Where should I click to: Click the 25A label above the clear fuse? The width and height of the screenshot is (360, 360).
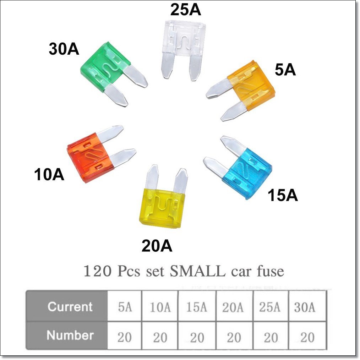click(x=185, y=10)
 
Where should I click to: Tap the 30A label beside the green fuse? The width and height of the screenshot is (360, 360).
click(x=64, y=50)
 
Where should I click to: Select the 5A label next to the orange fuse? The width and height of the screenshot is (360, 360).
click(x=285, y=70)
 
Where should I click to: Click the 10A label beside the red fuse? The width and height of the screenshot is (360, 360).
click(x=49, y=175)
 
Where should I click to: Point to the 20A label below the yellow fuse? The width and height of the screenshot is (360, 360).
click(x=157, y=246)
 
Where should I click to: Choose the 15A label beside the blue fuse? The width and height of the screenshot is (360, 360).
click(x=283, y=196)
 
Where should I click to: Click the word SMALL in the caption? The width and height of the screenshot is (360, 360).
click(x=197, y=272)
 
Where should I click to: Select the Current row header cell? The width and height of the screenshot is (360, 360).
click(x=70, y=306)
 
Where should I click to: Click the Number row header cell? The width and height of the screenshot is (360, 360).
click(x=70, y=335)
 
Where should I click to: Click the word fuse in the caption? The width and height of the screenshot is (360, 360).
click(x=270, y=272)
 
